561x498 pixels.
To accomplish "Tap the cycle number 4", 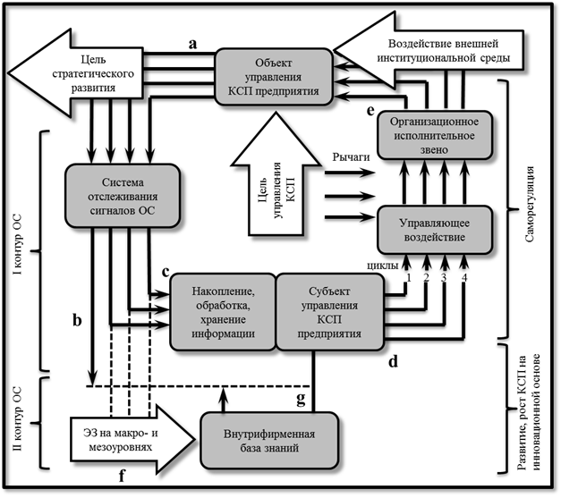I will (x=463, y=278).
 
